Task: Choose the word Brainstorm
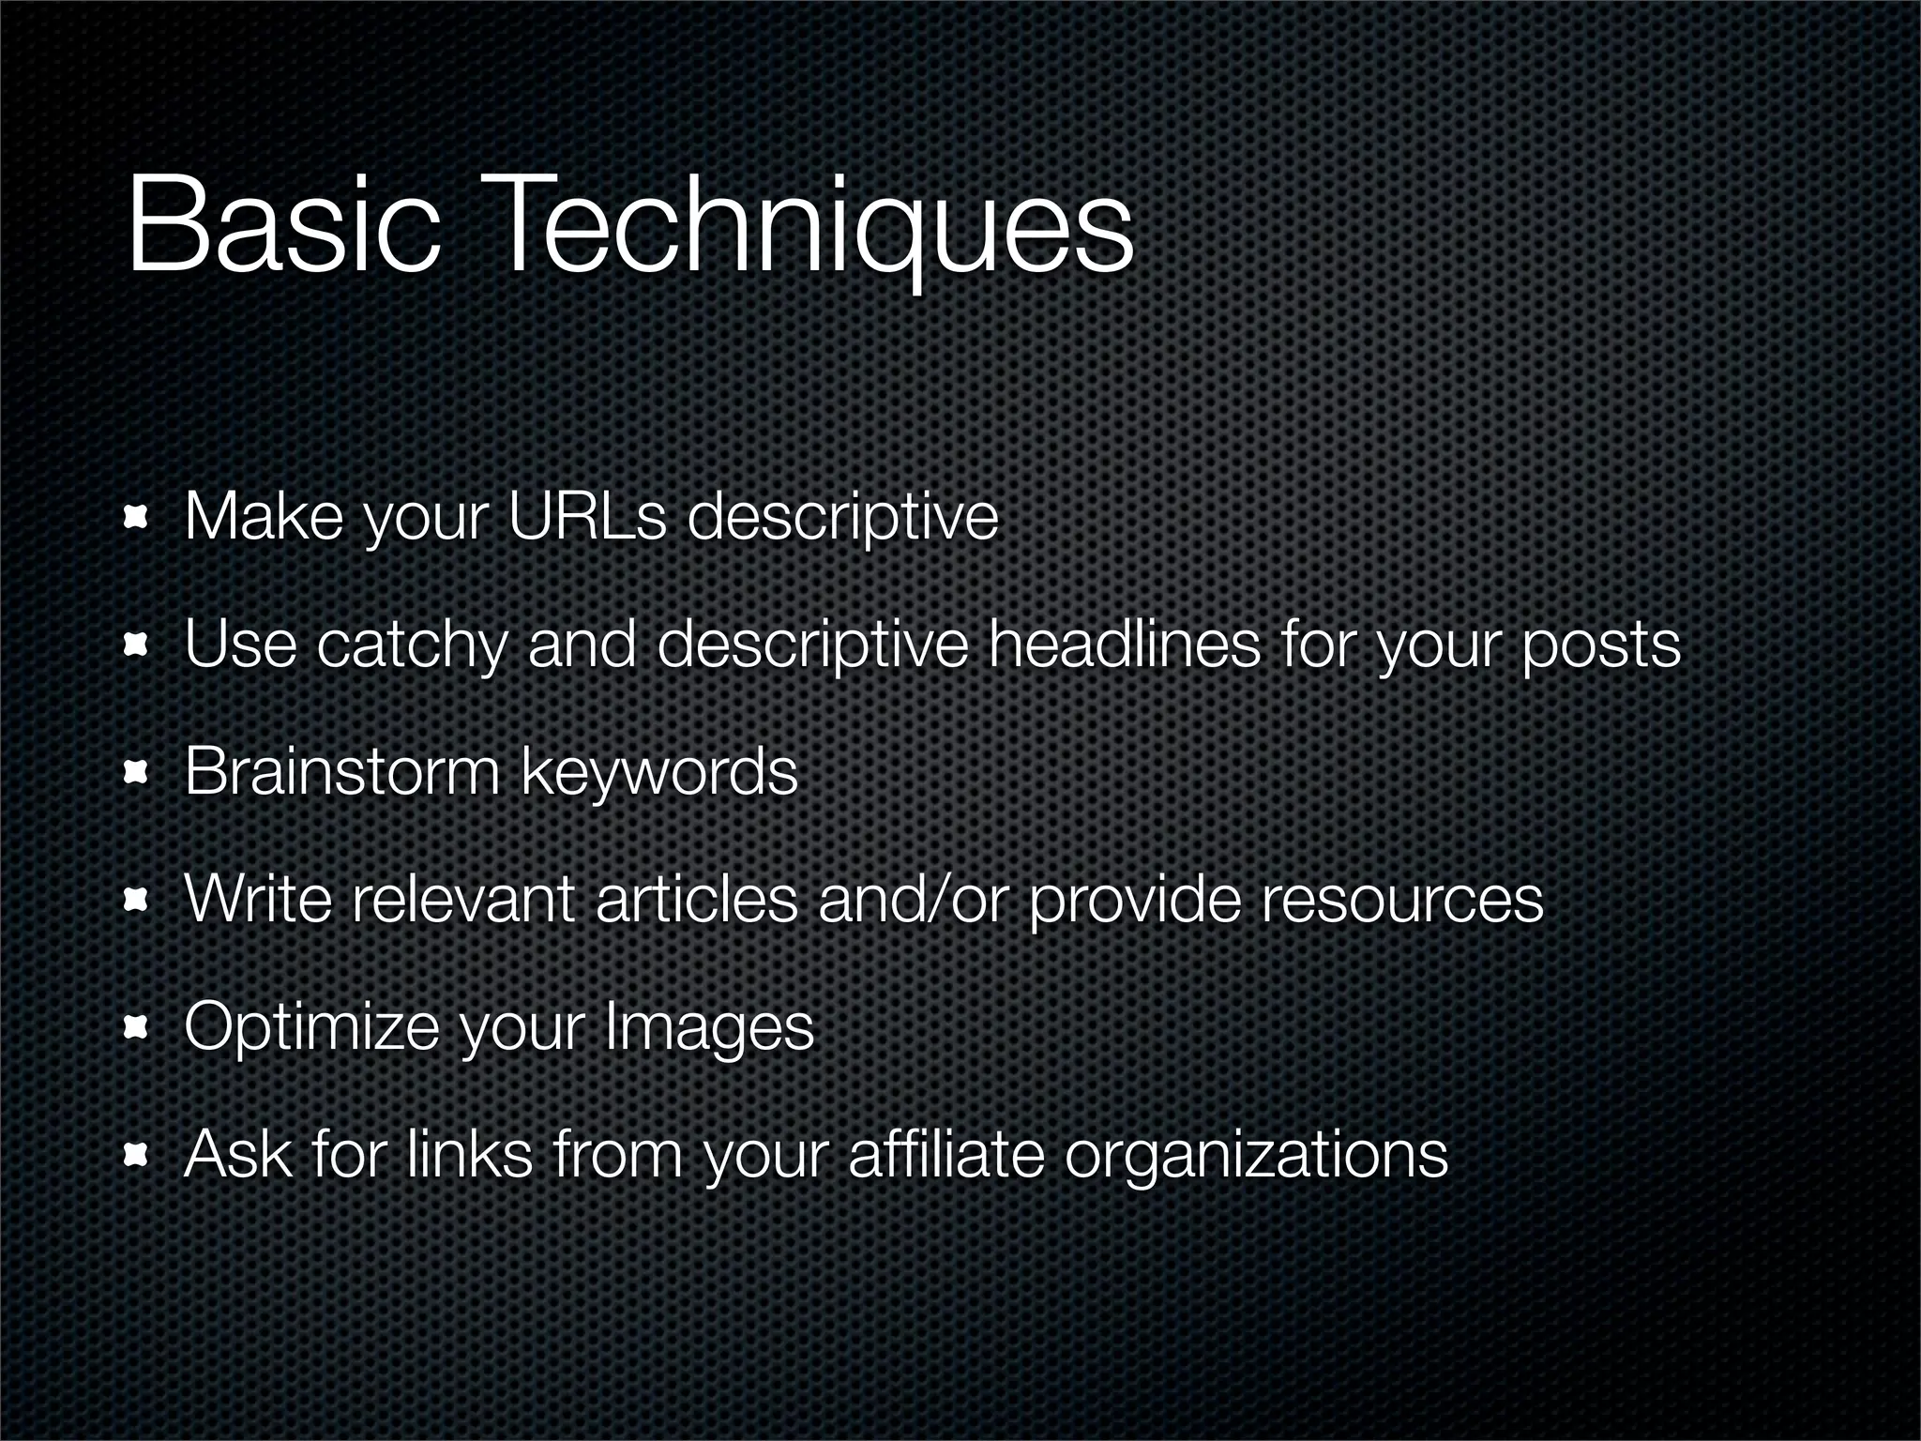342,771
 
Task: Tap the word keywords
658,771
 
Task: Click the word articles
696,899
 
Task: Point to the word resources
1401,899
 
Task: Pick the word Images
708,1027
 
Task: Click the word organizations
1256,1154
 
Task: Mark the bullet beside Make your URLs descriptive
137,518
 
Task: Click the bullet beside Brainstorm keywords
137,773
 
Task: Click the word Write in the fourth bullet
259,899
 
